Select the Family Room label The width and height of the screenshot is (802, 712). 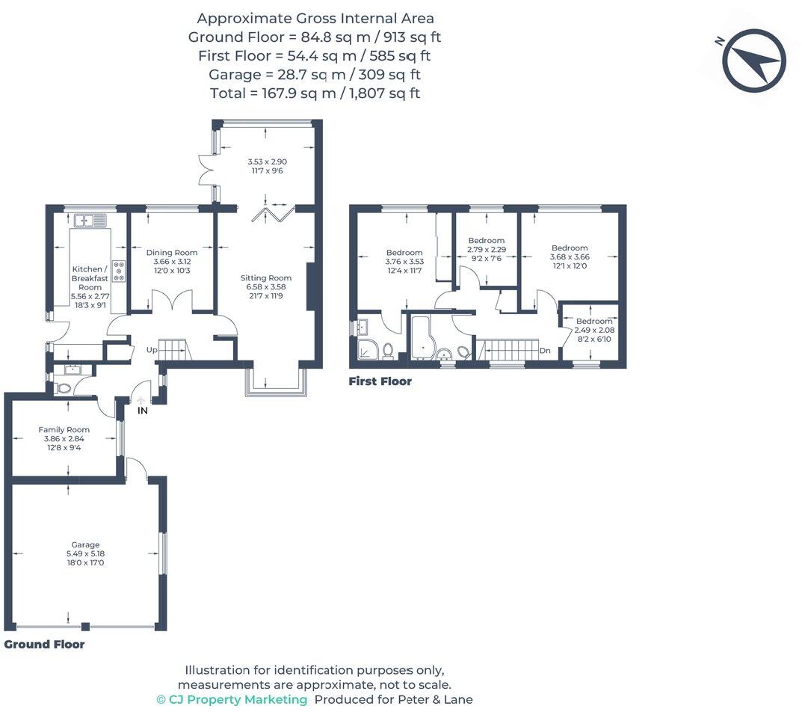point(64,429)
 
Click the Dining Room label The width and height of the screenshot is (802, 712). point(172,253)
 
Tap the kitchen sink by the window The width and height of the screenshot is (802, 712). point(90,220)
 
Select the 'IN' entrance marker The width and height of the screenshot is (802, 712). point(142,411)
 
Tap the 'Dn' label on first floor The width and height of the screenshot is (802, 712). point(545,349)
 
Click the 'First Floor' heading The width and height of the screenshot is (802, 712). point(380,381)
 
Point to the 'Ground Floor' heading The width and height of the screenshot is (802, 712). point(44,644)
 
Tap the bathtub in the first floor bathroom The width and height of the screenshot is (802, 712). point(423,337)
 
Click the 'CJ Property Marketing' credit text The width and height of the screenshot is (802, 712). point(232,699)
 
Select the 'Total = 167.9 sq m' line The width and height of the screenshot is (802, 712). point(315,93)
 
